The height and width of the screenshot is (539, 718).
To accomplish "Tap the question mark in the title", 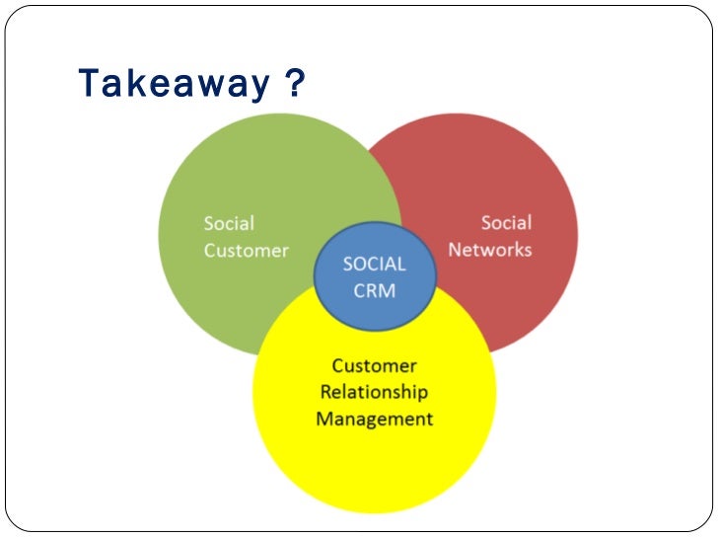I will (293, 84).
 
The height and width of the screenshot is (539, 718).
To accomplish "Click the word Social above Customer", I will (229, 224).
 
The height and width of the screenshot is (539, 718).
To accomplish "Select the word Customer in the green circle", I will (247, 251).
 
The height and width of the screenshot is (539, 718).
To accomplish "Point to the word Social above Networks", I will (506, 223).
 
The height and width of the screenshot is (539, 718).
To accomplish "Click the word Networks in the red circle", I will (490, 250).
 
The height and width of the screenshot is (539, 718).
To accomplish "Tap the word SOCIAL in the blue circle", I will (374, 265).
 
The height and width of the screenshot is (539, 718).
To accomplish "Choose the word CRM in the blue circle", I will (375, 292).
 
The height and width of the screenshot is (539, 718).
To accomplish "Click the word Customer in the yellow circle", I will (374, 365).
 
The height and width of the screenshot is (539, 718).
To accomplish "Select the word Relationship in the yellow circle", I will (374, 392).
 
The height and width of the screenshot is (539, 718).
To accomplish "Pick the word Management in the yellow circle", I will (374, 419).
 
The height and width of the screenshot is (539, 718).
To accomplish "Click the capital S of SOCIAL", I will (347, 265).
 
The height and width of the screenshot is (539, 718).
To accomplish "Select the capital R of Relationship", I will (324, 392).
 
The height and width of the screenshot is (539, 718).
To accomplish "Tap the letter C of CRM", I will (360, 292).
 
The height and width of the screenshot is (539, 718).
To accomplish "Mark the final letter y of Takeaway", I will (258, 87).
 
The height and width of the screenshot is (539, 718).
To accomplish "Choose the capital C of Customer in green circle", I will (210, 251).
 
